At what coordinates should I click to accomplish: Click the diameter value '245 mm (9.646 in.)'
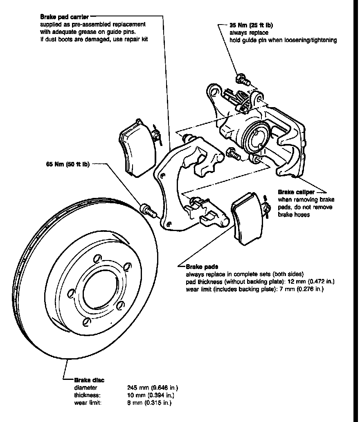[x=152, y=388]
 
